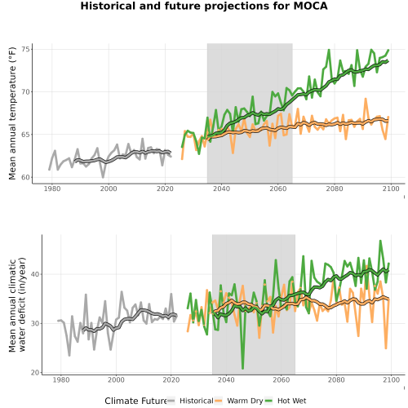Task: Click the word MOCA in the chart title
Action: tap(310, 6)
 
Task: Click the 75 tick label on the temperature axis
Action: tap(27, 50)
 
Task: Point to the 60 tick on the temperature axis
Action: tap(27, 177)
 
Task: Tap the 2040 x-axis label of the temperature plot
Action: tap(221, 188)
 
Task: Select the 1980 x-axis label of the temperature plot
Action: tap(52, 188)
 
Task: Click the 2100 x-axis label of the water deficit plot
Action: tap(391, 379)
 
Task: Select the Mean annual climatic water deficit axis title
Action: tap(17, 304)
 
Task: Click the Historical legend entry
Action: tap(190, 401)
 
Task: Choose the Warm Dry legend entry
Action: tap(239, 401)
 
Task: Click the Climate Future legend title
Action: tap(135, 401)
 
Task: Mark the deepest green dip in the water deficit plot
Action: tap(242, 368)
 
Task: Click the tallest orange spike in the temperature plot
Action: tap(366, 99)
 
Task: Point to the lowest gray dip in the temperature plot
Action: tap(103, 177)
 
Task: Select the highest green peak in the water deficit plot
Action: tap(380, 241)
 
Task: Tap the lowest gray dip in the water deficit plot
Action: tap(69, 355)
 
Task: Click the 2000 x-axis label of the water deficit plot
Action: tap(116, 379)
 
